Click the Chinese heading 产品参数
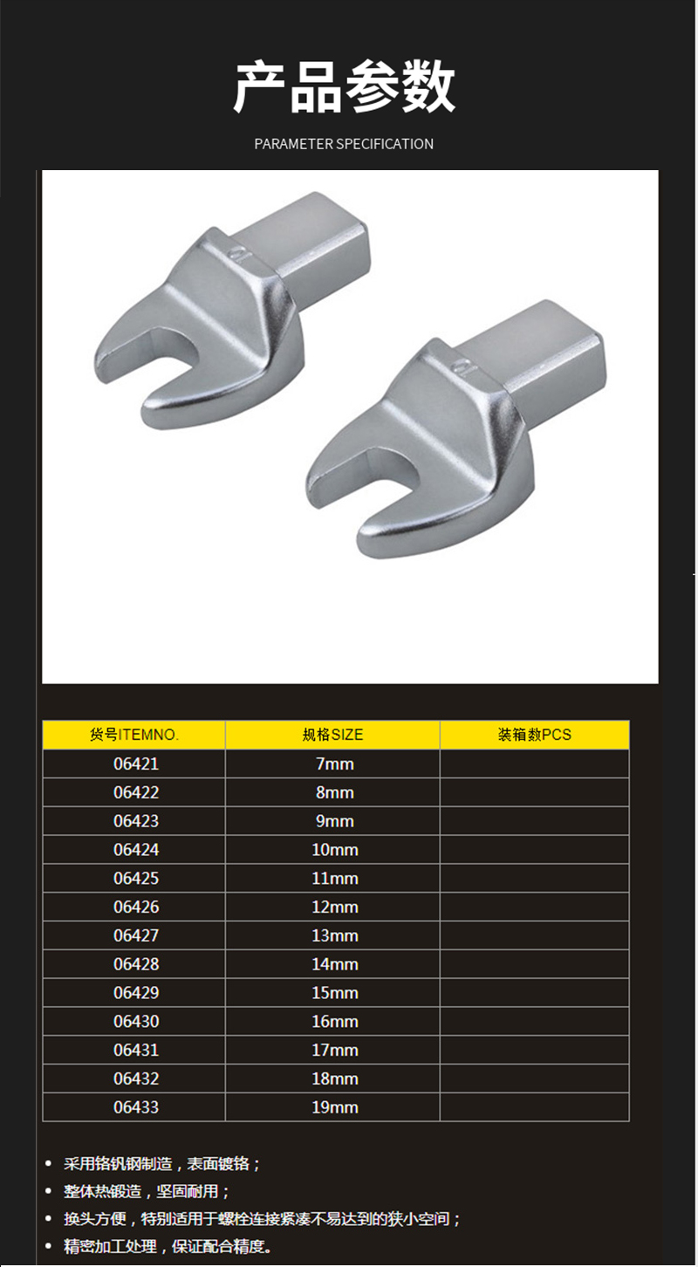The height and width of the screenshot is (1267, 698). [344, 86]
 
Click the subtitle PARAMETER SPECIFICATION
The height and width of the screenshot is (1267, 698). [344, 144]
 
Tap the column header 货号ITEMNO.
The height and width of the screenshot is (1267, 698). [134, 735]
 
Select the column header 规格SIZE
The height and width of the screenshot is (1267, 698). [332, 735]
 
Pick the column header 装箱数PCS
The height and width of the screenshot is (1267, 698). [535, 735]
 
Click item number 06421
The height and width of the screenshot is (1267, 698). [136, 764]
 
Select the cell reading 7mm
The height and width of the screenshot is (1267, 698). [335, 764]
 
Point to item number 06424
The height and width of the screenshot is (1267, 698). [136, 850]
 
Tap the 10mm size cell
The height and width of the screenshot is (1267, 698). [335, 850]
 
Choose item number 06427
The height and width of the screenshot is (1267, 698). [136, 935]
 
